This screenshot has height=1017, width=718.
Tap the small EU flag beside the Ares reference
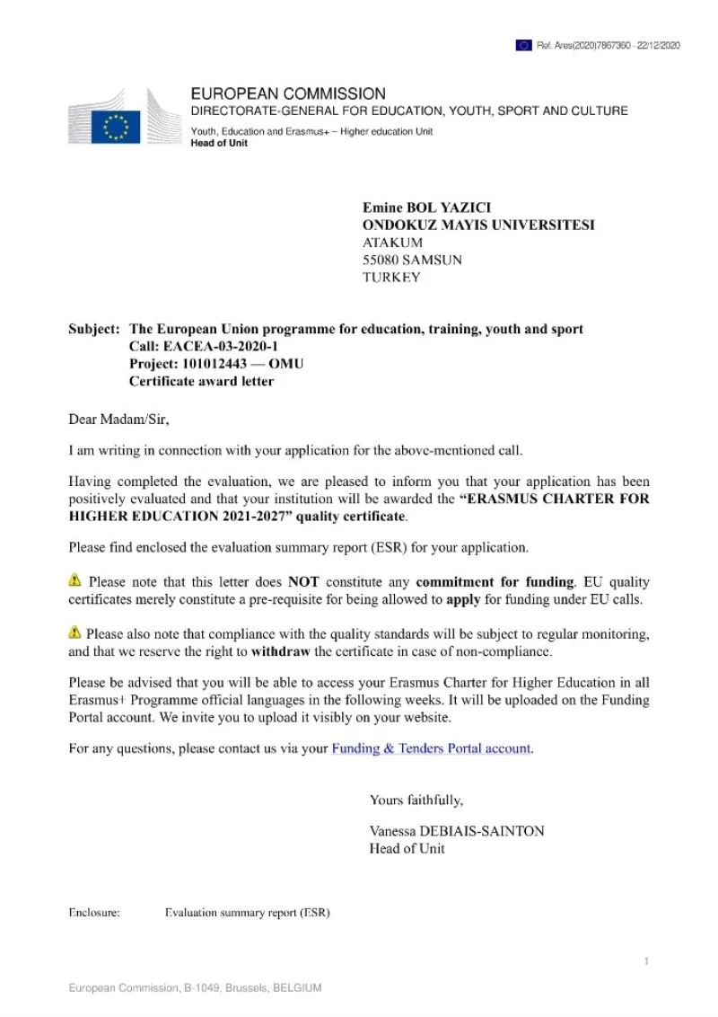pyautogui.click(x=523, y=45)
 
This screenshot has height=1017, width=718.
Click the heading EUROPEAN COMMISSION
pyautogui.click(x=288, y=93)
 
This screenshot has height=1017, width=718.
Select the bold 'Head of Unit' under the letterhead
pyautogui.click(x=219, y=144)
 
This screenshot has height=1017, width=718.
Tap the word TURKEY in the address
pyautogui.click(x=390, y=278)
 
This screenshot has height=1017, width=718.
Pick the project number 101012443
pyautogui.click(x=213, y=364)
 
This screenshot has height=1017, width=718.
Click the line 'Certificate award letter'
pyautogui.click(x=201, y=381)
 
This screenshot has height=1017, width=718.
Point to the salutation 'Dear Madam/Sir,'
pyautogui.click(x=118, y=418)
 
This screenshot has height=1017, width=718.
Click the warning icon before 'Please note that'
pyautogui.click(x=75, y=581)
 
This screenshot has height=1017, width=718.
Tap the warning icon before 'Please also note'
pyautogui.click(x=75, y=632)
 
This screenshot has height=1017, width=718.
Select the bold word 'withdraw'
pyautogui.click(x=280, y=650)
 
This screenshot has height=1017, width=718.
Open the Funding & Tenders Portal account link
pyautogui.click(x=432, y=747)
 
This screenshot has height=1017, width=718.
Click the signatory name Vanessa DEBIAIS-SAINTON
pyautogui.click(x=456, y=831)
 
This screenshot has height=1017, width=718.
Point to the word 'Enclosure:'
pyautogui.click(x=94, y=913)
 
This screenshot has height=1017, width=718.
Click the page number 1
pyautogui.click(x=646, y=962)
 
